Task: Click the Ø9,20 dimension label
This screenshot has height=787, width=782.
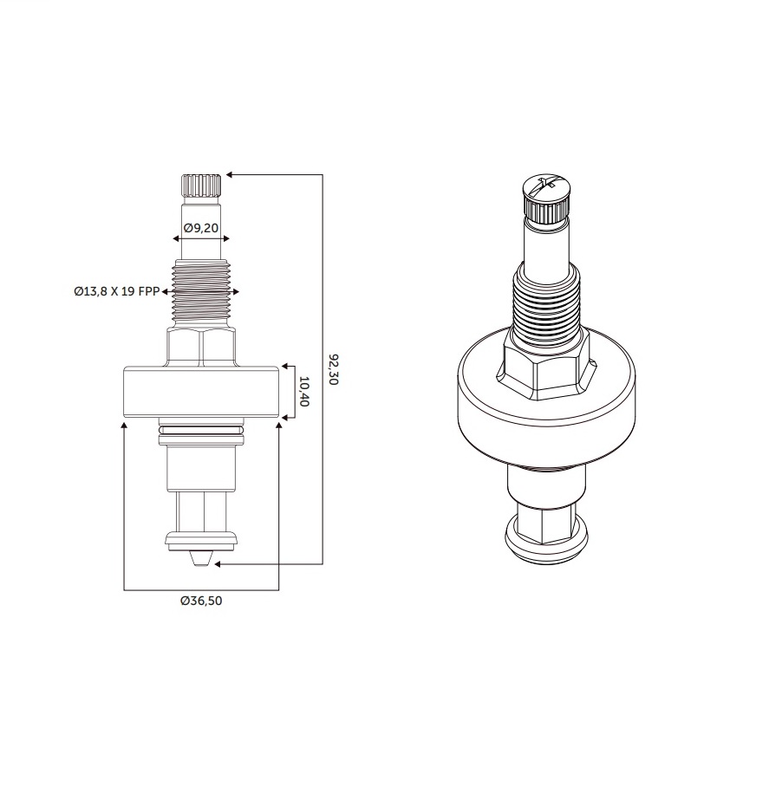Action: click(201, 228)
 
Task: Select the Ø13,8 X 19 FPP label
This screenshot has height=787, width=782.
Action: click(116, 291)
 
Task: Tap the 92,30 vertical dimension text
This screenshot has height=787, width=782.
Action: click(333, 369)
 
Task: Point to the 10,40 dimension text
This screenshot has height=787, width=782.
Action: click(303, 392)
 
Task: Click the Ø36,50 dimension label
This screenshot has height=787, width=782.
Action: click(201, 601)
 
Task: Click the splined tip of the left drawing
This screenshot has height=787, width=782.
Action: click(201, 185)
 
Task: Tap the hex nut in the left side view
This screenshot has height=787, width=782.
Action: click(201, 348)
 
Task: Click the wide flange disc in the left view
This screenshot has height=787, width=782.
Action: click(201, 392)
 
